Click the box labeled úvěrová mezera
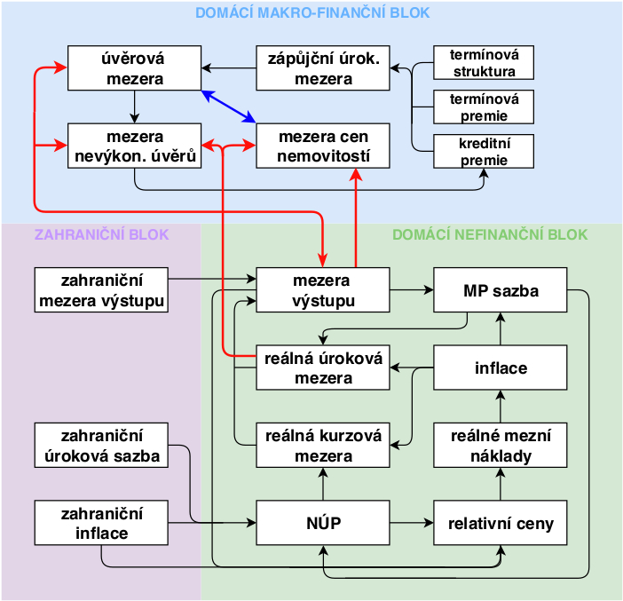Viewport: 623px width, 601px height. [135, 67]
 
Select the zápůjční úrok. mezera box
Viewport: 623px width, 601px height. [323, 67]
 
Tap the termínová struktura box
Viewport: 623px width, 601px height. [484, 62]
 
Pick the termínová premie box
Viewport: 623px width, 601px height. [484, 107]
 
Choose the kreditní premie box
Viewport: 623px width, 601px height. [484, 151]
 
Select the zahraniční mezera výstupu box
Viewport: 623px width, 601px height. [101, 290]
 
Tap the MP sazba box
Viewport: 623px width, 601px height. [501, 290]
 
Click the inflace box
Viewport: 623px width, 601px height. [501, 368]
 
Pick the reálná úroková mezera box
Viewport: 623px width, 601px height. [323, 368]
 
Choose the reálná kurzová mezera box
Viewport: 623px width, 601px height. [323, 446]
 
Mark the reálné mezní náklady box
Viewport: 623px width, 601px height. [501, 446]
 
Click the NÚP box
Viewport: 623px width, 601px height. [323, 523]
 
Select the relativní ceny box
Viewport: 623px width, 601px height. [501, 523]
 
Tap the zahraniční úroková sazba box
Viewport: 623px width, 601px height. [101, 446]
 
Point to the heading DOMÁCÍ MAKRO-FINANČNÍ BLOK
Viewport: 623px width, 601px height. [311, 12]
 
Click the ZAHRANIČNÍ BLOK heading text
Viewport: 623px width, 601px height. [101, 235]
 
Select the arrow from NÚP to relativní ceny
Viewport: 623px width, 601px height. [412, 523]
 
